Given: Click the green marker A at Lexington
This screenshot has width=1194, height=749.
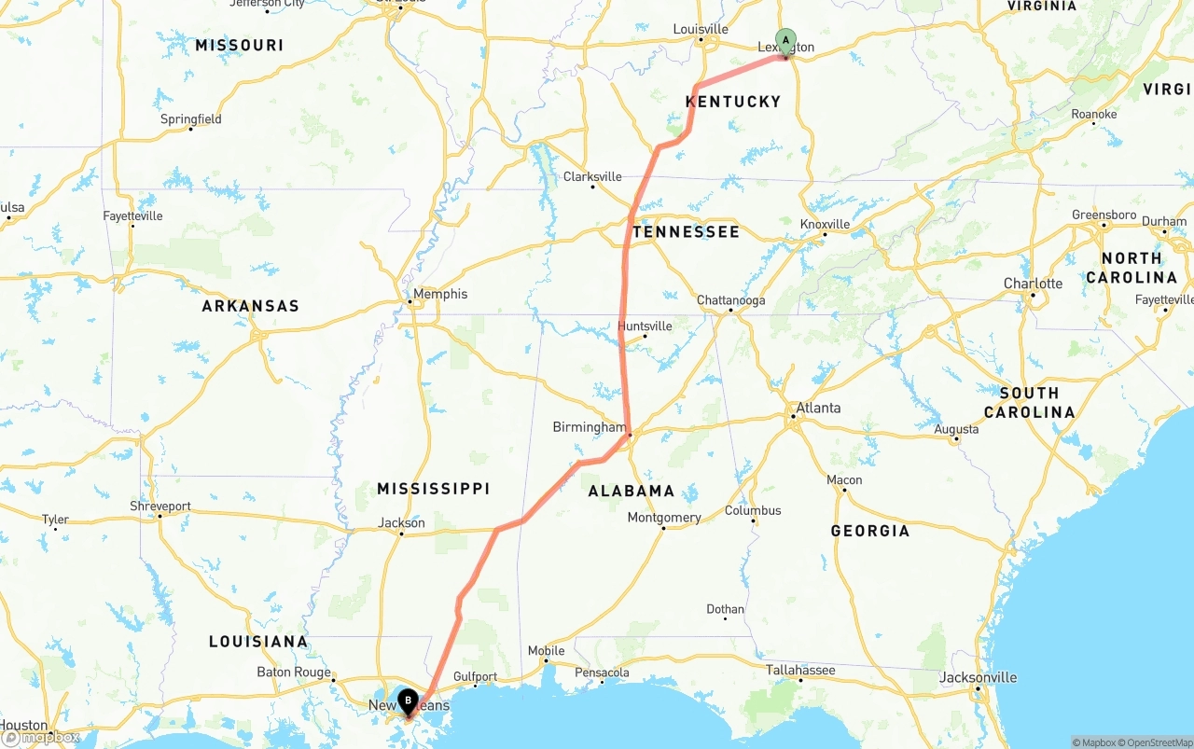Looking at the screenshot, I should tap(785, 40).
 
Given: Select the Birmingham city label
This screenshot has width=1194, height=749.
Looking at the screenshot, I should tap(590, 427).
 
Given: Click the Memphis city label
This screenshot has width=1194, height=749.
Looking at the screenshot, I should tap(440, 294).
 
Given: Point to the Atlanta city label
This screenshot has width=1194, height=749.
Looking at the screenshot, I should tap(818, 408).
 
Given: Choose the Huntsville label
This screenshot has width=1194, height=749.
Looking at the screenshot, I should tap(645, 326).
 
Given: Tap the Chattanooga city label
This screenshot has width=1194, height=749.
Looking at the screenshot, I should tap(731, 300).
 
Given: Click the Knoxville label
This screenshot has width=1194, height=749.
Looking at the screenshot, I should tap(826, 224).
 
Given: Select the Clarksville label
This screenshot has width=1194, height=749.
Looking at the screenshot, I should tap(592, 176).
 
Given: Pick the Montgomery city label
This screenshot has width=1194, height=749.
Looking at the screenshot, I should tap(664, 518).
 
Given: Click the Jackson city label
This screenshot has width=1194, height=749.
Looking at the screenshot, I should tap(402, 523).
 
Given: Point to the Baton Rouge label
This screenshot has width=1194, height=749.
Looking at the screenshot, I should tap(294, 672).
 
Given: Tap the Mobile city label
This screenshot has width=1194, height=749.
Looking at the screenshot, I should tap(546, 651).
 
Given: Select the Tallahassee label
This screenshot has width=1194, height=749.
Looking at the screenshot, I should tap(800, 670).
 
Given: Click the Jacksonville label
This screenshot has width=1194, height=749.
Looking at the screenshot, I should tap(979, 677).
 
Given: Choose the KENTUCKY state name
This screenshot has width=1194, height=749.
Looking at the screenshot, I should tap(733, 102).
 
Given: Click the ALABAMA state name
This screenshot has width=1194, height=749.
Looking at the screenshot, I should tap(632, 492).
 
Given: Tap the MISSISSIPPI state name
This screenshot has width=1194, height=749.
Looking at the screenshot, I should tap(433, 489).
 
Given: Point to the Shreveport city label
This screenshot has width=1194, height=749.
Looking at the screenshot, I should tap(160, 506).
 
